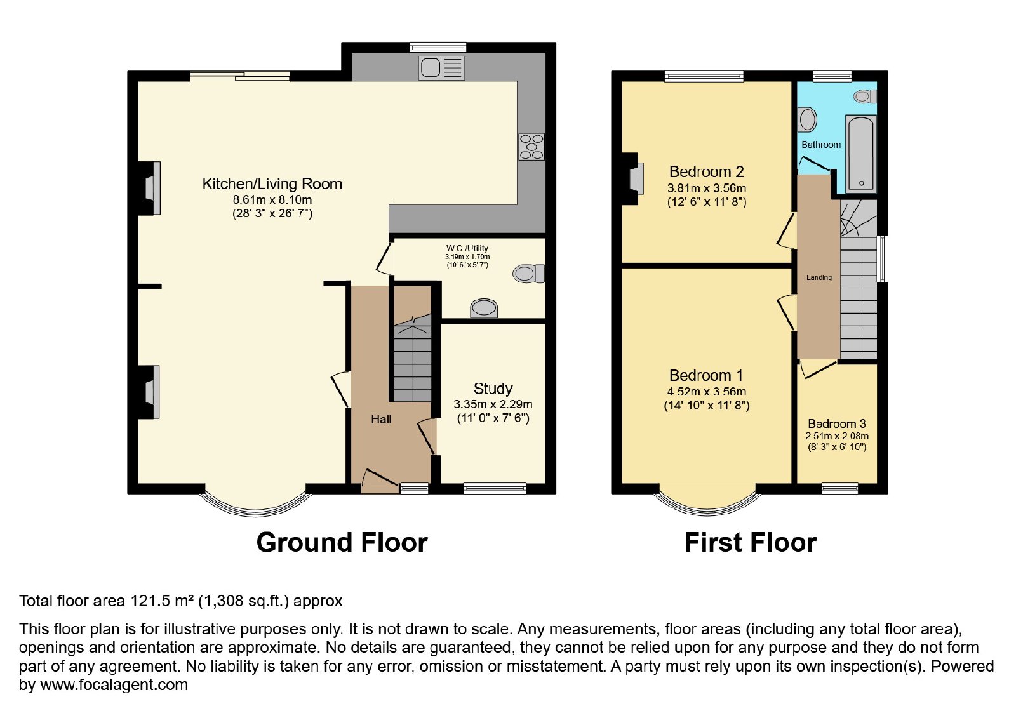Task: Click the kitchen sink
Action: point(442,68)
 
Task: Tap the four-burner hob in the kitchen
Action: point(531,147)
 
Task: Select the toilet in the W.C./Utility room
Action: point(529,274)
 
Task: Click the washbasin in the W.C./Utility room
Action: point(484,309)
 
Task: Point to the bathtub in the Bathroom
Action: point(860,154)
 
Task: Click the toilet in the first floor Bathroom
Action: point(865,96)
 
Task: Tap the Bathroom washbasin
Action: point(807,120)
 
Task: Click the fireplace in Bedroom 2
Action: point(632,178)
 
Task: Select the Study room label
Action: point(493,389)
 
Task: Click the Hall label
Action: point(381,420)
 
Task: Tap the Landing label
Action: point(819,277)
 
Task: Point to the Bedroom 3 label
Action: point(837,423)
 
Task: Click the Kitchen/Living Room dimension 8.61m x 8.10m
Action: point(272,199)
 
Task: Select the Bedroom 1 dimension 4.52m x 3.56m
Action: point(707,391)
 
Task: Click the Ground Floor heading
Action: point(342,543)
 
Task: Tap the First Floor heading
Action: point(751,543)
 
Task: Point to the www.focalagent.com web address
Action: point(114,684)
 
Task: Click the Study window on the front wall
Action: point(495,488)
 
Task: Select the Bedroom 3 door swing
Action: point(817,368)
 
